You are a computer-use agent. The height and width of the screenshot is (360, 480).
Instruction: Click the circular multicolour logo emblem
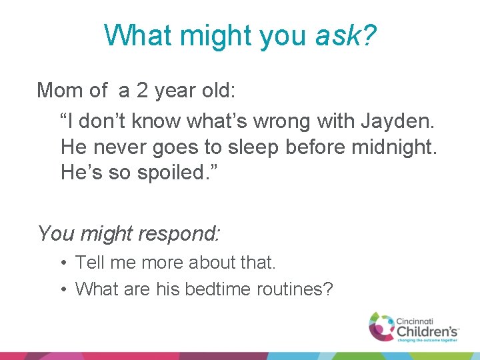[x=382, y=325]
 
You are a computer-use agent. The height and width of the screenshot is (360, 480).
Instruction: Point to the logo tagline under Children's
[x=427, y=339]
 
